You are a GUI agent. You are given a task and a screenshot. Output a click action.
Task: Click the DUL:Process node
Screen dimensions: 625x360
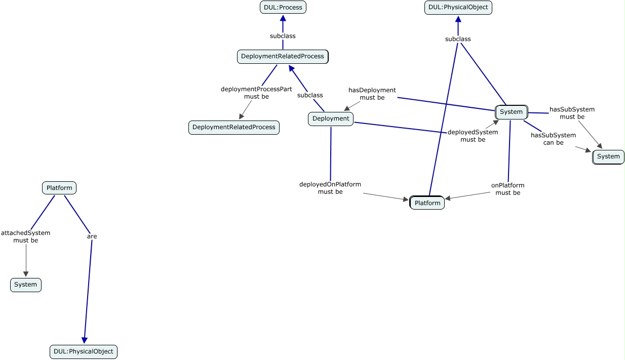point(283,7)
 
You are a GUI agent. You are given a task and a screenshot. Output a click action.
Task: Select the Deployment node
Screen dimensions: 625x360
point(331,119)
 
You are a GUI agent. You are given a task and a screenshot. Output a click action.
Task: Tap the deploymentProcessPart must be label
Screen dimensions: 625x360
point(256,93)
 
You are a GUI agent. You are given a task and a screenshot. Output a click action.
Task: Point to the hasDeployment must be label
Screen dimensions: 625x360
point(372,94)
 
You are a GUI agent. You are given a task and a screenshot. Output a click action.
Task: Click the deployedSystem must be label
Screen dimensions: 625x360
point(473,136)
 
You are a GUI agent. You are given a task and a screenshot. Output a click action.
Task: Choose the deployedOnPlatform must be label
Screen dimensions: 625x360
point(330,188)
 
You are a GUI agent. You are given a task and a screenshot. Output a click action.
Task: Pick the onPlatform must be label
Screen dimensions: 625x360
point(508,189)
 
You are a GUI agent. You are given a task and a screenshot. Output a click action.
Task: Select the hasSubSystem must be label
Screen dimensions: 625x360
point(572,113)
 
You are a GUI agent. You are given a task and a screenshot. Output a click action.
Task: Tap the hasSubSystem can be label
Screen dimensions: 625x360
point(553,139)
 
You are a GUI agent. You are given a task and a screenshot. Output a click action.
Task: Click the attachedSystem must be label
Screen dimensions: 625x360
point(26,236)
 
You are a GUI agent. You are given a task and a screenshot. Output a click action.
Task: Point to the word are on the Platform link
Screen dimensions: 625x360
point(92,236)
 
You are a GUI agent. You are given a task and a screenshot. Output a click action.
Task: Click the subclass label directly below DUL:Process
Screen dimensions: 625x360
point(283,36)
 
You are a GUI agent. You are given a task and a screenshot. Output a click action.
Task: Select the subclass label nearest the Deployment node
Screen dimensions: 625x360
point(310,95)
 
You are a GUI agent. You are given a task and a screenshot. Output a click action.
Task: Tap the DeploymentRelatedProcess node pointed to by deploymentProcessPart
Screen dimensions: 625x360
point(234,128)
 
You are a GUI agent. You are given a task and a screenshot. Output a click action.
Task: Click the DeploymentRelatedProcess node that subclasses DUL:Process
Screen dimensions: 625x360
point(283,57)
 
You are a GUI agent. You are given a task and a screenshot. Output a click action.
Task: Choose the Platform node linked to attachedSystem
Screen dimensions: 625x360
point(59,188)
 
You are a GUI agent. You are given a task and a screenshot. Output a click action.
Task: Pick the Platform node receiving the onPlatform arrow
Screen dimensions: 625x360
point(427,203)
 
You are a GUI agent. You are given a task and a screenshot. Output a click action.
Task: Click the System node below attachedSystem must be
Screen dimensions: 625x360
point(26,285)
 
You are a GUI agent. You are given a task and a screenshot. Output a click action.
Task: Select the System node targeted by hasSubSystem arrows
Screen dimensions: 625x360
point(608,157)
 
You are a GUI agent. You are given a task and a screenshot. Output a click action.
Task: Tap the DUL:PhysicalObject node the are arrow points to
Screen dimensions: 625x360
point(84,351)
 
